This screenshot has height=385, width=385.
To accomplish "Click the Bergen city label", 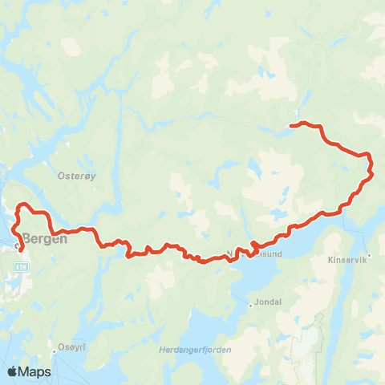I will [x=45, y=238].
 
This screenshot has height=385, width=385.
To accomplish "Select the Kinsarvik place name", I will [x=347, y=260].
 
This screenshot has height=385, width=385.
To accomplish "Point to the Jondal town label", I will [x=266, y=302].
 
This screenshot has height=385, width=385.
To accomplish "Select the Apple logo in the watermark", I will [x=14, y=371].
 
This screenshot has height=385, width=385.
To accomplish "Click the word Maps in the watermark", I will [x=36, y=371].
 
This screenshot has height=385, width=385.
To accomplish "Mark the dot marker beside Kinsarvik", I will [x=369, y=257].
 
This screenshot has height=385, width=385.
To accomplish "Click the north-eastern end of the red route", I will [x=291, y=125].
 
